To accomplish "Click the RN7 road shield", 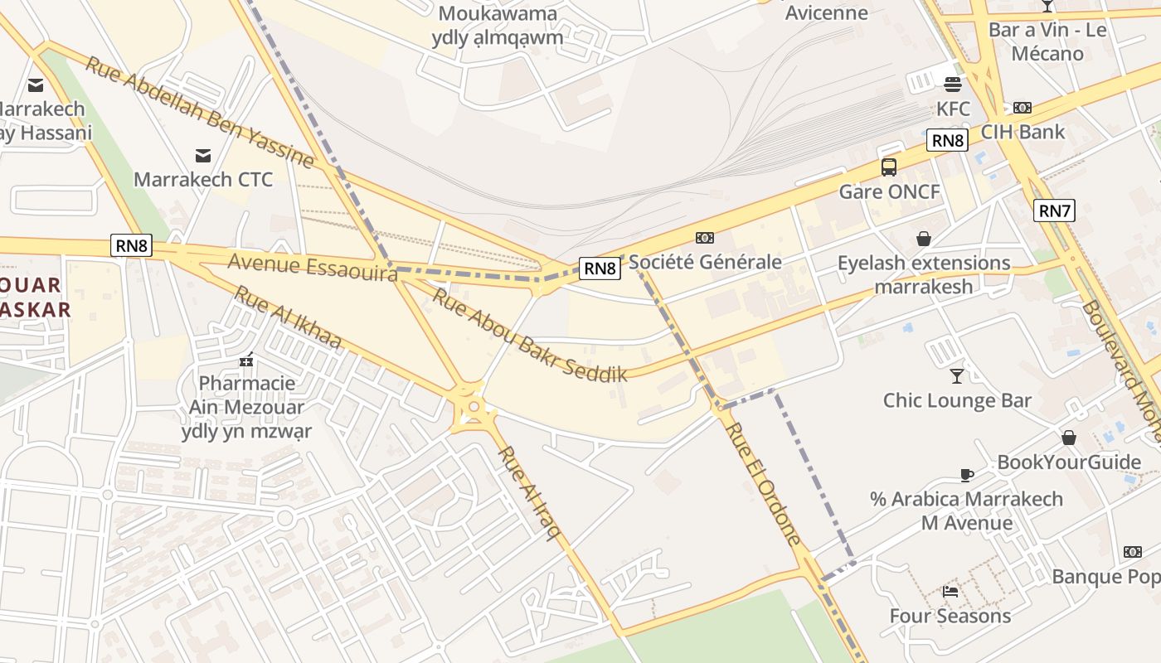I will tap(1054, 211).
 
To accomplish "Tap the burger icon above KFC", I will tap(952, 83).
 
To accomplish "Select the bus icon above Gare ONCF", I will tap(889, 167).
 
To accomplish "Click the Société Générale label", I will tap(705, 262).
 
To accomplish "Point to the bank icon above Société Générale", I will tap(705, 238).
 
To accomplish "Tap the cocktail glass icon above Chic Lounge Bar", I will tap(957, 376).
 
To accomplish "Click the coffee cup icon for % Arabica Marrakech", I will tap(966, 475).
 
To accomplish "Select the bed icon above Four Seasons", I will tap(950, 592).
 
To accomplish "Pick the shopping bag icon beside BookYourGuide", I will tap(1069, 438).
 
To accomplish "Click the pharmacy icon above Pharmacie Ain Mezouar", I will tap(246, 360).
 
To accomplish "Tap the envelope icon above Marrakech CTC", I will tap(202, 155).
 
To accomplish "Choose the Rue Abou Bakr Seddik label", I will tap(529, 334).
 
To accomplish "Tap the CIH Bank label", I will tap(1023, 132).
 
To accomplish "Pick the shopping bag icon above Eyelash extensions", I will tap(924, 240).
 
